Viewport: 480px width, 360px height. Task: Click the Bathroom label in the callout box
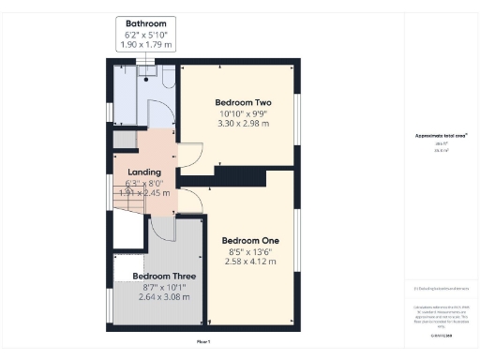[x=147, y=22]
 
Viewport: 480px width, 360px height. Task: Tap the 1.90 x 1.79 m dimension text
[x=147, y=44]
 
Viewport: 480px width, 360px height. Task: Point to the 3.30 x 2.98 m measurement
[x=243, y=123]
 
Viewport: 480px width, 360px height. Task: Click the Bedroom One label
[x=253, y=239]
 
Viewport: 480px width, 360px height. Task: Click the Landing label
[x=144, y=172]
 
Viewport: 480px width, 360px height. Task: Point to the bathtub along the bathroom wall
[x=125, y=94]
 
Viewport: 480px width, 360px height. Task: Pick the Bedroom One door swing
[x=190, y=199]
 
